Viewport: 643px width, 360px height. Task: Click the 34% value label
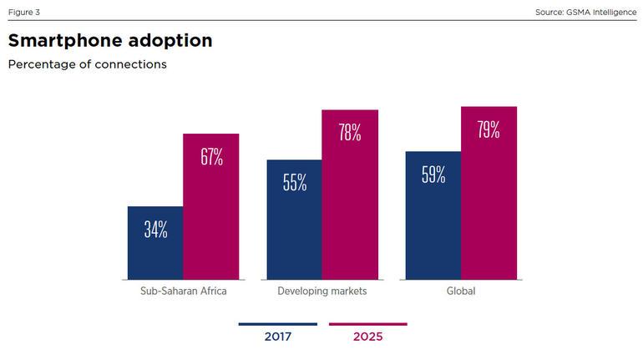coord(155,230)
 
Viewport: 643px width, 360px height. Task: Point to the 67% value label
coord(211,157)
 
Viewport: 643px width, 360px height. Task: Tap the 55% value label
coord(294,183)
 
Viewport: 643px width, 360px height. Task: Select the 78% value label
coord(350,132)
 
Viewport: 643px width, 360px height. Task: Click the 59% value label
coord(433,175)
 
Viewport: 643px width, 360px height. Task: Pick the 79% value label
coord(489,129)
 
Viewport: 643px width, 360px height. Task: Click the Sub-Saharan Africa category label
coord(183,292)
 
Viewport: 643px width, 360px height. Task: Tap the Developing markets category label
coord(321,292)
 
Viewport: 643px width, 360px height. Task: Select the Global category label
coord(461,292)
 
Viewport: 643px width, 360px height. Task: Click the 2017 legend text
coord(277,337)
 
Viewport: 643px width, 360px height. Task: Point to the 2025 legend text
coord(367,337)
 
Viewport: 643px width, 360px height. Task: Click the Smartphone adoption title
coord(109,40)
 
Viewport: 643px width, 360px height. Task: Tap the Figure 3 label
coord(23,12)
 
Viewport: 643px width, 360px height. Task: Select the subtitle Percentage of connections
coord(87,64)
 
